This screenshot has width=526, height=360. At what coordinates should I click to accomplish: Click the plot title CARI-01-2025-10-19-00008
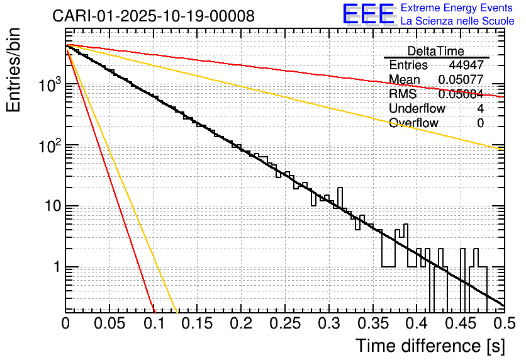(x=154, y=16)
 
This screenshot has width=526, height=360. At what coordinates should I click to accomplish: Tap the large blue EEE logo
(x=368, y=14)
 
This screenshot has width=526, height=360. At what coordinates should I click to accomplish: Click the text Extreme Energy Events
(x=457, y=8)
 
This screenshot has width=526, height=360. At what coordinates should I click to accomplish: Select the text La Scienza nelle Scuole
(x=457, y=21)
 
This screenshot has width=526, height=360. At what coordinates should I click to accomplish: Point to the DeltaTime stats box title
(x=435, y=51)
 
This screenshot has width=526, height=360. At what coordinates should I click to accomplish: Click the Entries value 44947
(x=466, y=65)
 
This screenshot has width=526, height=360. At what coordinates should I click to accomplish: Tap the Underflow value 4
(x=481, y=108)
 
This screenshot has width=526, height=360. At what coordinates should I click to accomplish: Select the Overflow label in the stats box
(x=413, y=123)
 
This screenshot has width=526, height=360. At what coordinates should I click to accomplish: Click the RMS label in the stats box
(x=402, y=94)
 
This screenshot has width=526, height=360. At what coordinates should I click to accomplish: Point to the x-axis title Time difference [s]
(x=430, y=346)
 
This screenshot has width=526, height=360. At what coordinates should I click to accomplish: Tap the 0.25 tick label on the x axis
(x=285, y=324)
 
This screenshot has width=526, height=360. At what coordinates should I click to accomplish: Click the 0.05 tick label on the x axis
(x=110, y=324)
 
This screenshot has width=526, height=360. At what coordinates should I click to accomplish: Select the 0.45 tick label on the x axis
(x=460, y=324)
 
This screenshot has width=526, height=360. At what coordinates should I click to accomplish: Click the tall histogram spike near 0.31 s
(x=340, y=195)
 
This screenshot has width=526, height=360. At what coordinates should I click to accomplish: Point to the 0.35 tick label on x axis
(x=372, y=324)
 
